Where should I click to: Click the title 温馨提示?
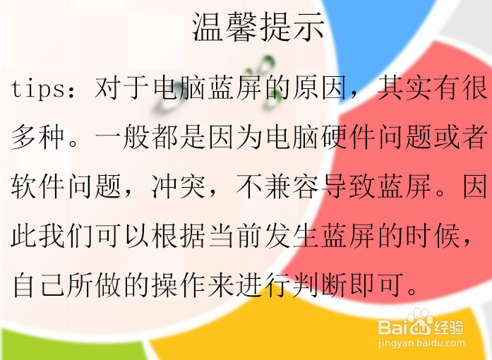(x=258, y=27)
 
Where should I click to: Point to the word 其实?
(x=404, y=87)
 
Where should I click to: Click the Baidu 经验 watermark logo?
(x=421, y=323)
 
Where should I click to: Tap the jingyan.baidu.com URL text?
(x=421, y=344)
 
